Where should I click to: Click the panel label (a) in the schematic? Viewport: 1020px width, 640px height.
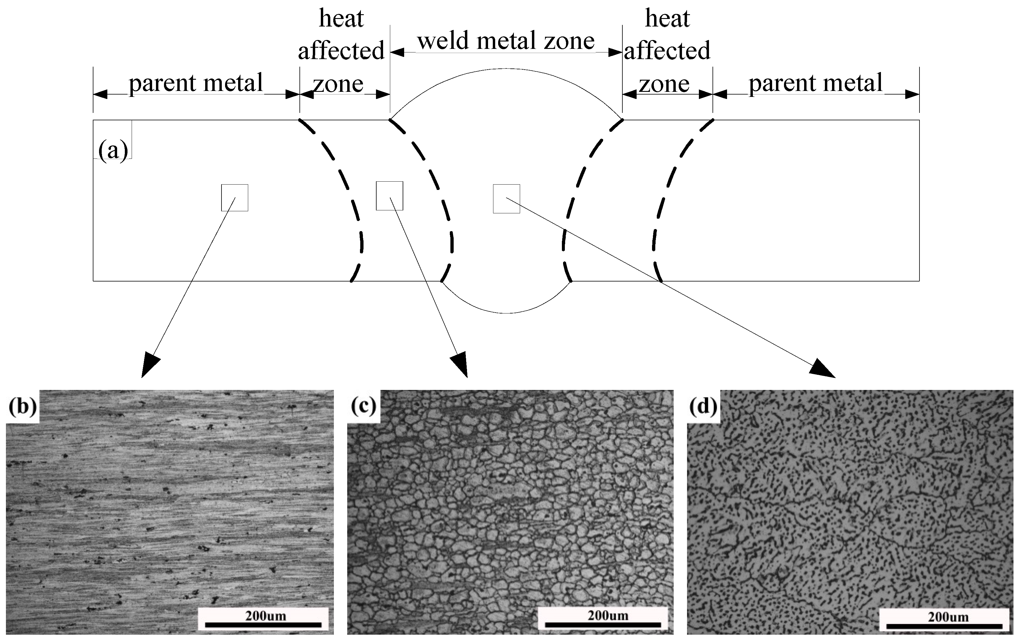click(113, 150)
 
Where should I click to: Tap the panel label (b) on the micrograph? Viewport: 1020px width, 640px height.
click(23, 407)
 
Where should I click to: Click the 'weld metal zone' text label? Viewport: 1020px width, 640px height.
click(506, 41)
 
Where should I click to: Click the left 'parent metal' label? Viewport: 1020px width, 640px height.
click(196, 83)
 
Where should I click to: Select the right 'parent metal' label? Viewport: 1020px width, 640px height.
click(815, 83)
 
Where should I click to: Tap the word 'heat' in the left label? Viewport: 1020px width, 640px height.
click(341, 19)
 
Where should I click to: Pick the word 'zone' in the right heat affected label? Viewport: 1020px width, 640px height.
click(664, 84)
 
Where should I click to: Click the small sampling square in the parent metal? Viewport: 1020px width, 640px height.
click(235, 198)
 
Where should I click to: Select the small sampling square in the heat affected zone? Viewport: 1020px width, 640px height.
click(389, 196)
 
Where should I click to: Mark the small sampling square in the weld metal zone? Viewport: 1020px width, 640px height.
click(506, 199)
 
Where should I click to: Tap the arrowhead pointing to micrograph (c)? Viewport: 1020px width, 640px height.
click(460, 365)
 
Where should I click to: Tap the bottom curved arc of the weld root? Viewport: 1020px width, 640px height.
click(506, 313)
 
